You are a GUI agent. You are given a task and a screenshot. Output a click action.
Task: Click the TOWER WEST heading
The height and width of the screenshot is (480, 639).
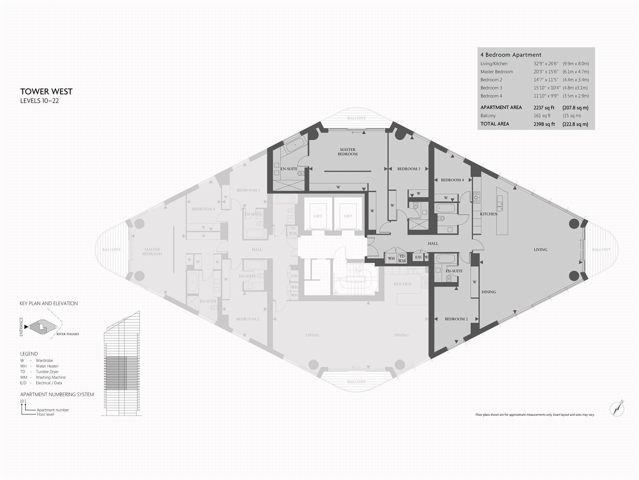tap(46, 92)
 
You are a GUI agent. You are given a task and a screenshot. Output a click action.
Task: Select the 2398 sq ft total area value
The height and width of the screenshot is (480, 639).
tap(544, 124)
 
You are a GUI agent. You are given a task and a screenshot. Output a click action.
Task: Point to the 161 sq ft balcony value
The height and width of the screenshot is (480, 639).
tap(542, 116)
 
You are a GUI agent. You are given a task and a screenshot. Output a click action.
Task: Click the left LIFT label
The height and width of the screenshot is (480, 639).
tap(318, 216)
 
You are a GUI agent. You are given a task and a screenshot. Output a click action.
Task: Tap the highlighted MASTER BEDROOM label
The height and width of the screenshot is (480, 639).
tap(347, 152)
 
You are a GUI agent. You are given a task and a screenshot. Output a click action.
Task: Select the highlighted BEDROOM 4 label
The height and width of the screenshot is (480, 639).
tap(452, 180)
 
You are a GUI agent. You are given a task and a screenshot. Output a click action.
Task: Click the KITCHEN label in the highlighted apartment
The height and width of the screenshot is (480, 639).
tap(488, 214)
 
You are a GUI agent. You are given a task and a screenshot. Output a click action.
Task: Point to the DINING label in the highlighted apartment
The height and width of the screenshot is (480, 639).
tap(488, 292)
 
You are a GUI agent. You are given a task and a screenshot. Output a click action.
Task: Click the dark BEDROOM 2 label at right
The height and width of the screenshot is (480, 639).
tap(456, 319)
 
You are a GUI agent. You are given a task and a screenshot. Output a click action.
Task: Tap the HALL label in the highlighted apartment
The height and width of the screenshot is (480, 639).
tap(433, 243)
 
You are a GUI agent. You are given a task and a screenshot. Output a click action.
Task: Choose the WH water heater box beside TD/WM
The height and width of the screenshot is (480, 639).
tap(391, 259)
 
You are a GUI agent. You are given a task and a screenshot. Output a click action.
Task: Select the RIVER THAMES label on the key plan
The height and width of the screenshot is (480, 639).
tap(67, 334)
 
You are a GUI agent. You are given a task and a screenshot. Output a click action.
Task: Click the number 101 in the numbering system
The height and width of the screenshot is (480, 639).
tap(23, 401)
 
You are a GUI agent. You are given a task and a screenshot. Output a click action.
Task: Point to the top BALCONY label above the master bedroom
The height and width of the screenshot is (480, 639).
tap(356, 118)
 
